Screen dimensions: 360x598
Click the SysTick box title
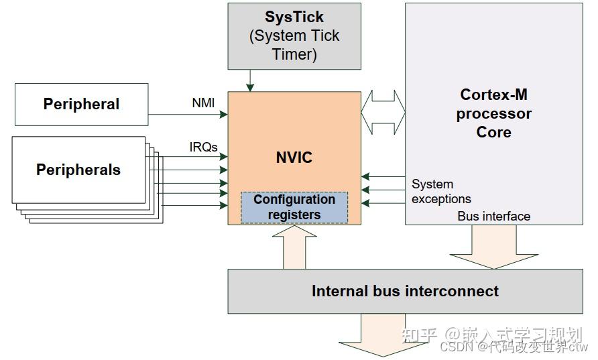click(294, 17)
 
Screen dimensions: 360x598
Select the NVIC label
click(294, 158)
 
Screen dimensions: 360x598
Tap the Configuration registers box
click(294, 207)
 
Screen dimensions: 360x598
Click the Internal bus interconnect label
click(405, 291)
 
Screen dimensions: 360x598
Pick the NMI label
click(203, 103)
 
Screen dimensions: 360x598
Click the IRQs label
click(204, 147)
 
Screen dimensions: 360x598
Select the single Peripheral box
click(81, 104)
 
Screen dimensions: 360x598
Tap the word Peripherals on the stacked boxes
click(78, 170)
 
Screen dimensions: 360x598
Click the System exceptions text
click(440, 191)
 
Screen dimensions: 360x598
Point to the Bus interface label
click(493, 216)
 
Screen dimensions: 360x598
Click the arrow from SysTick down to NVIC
click(250, 80)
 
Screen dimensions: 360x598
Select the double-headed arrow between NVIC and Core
click(383, 113)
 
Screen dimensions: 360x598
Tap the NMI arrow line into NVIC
click(188, 115)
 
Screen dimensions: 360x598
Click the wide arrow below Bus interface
click(494, 246)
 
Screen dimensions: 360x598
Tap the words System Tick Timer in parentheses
click(294, 45)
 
